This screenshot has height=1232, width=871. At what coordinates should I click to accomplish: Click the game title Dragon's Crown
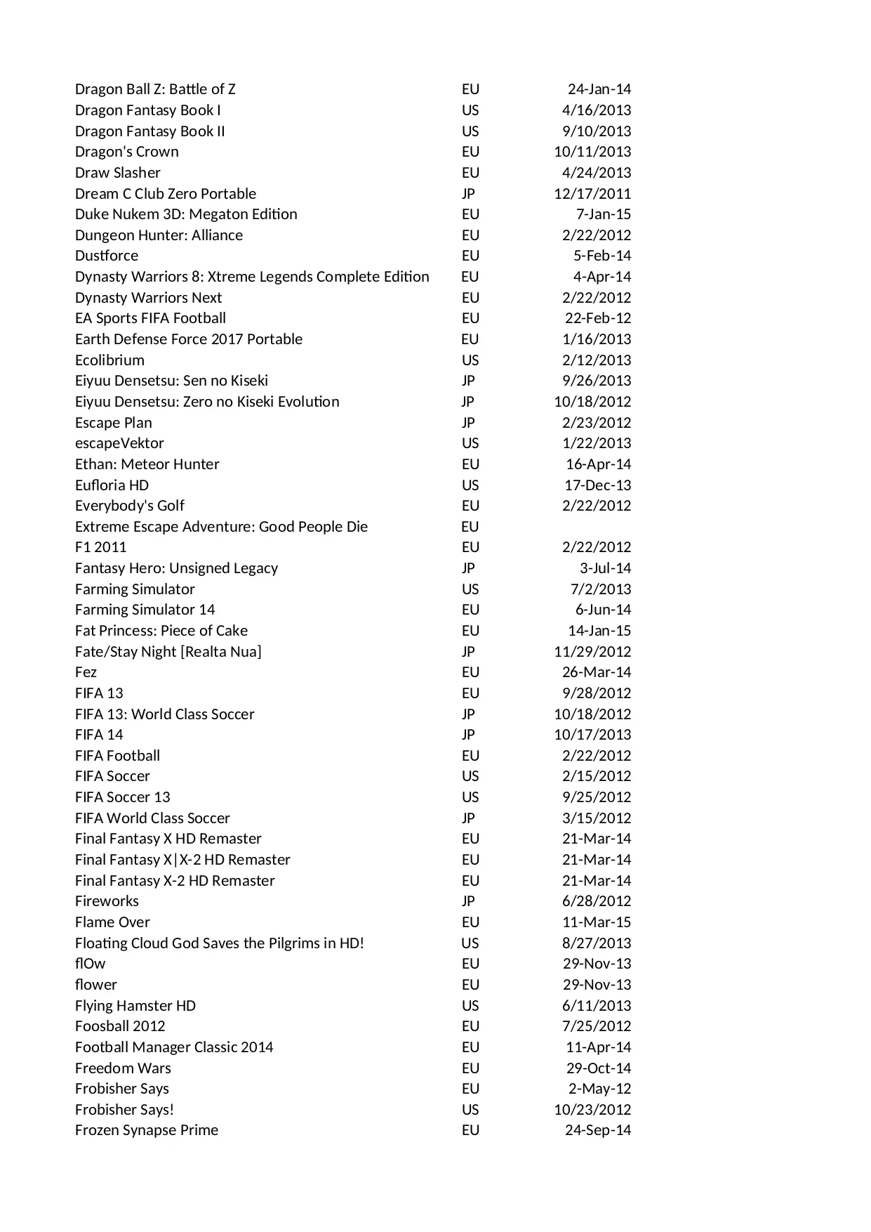126,152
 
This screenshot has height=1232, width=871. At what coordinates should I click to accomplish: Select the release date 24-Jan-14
599,89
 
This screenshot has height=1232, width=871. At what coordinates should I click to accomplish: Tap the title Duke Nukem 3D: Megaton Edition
186,214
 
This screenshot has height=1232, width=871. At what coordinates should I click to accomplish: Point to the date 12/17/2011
592,194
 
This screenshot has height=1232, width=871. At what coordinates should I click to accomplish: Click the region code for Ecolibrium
470,360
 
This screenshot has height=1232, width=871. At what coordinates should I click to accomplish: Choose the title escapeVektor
119,443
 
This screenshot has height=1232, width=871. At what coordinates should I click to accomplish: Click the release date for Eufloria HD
597,485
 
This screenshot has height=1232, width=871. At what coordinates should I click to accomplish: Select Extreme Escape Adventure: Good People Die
221,527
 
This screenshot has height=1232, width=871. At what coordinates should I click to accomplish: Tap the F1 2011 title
100,547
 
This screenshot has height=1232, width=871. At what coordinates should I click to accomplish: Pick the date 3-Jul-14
605,568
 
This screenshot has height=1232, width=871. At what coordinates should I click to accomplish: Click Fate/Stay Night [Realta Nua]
168,652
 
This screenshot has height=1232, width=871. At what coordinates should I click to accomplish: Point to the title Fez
86,672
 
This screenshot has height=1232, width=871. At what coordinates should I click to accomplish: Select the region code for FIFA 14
468,735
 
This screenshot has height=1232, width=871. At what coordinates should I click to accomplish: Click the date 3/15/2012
596,818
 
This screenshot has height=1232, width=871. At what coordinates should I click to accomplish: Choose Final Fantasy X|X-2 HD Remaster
182,860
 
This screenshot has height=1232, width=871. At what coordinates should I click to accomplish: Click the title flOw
90,964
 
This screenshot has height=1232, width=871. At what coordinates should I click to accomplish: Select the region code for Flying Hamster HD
470,1006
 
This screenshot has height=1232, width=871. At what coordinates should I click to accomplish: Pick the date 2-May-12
599,1089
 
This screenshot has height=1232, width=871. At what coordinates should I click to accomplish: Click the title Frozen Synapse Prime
146,1130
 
